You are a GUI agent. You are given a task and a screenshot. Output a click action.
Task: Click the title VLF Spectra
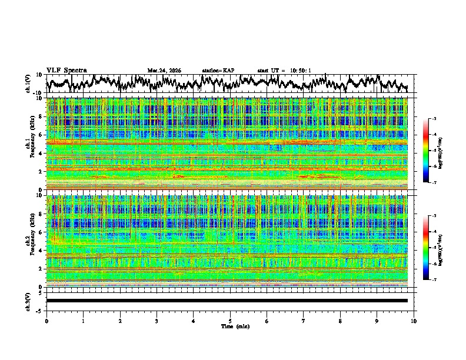[x=66, y=70]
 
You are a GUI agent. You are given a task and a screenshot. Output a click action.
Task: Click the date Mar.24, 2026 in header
[x=164, y=71]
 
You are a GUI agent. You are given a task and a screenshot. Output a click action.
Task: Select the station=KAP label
[x=218, y=71]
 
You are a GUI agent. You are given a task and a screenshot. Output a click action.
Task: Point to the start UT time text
[x=284, y=71]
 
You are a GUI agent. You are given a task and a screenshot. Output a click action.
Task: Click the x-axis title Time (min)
[x=230, y=326]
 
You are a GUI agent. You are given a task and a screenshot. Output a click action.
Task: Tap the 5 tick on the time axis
[x=230, y=321]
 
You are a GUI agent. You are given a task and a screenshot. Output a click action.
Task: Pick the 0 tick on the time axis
[x=46, y=321]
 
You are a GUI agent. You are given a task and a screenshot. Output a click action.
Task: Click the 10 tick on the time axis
[x=414, y=321]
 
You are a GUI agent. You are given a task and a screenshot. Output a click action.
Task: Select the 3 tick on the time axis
[x=157, y=321]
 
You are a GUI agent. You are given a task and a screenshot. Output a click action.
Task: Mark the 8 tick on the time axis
[x=340, y=321]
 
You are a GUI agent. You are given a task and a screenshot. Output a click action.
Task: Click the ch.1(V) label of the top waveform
[x=28, y=84]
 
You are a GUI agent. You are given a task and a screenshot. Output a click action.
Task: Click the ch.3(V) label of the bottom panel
[x=28, y=301]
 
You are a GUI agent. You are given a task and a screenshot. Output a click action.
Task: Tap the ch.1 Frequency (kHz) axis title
[x=29, y=144]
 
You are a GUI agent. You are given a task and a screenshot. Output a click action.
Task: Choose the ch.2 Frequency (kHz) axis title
[x=29, y=241]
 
